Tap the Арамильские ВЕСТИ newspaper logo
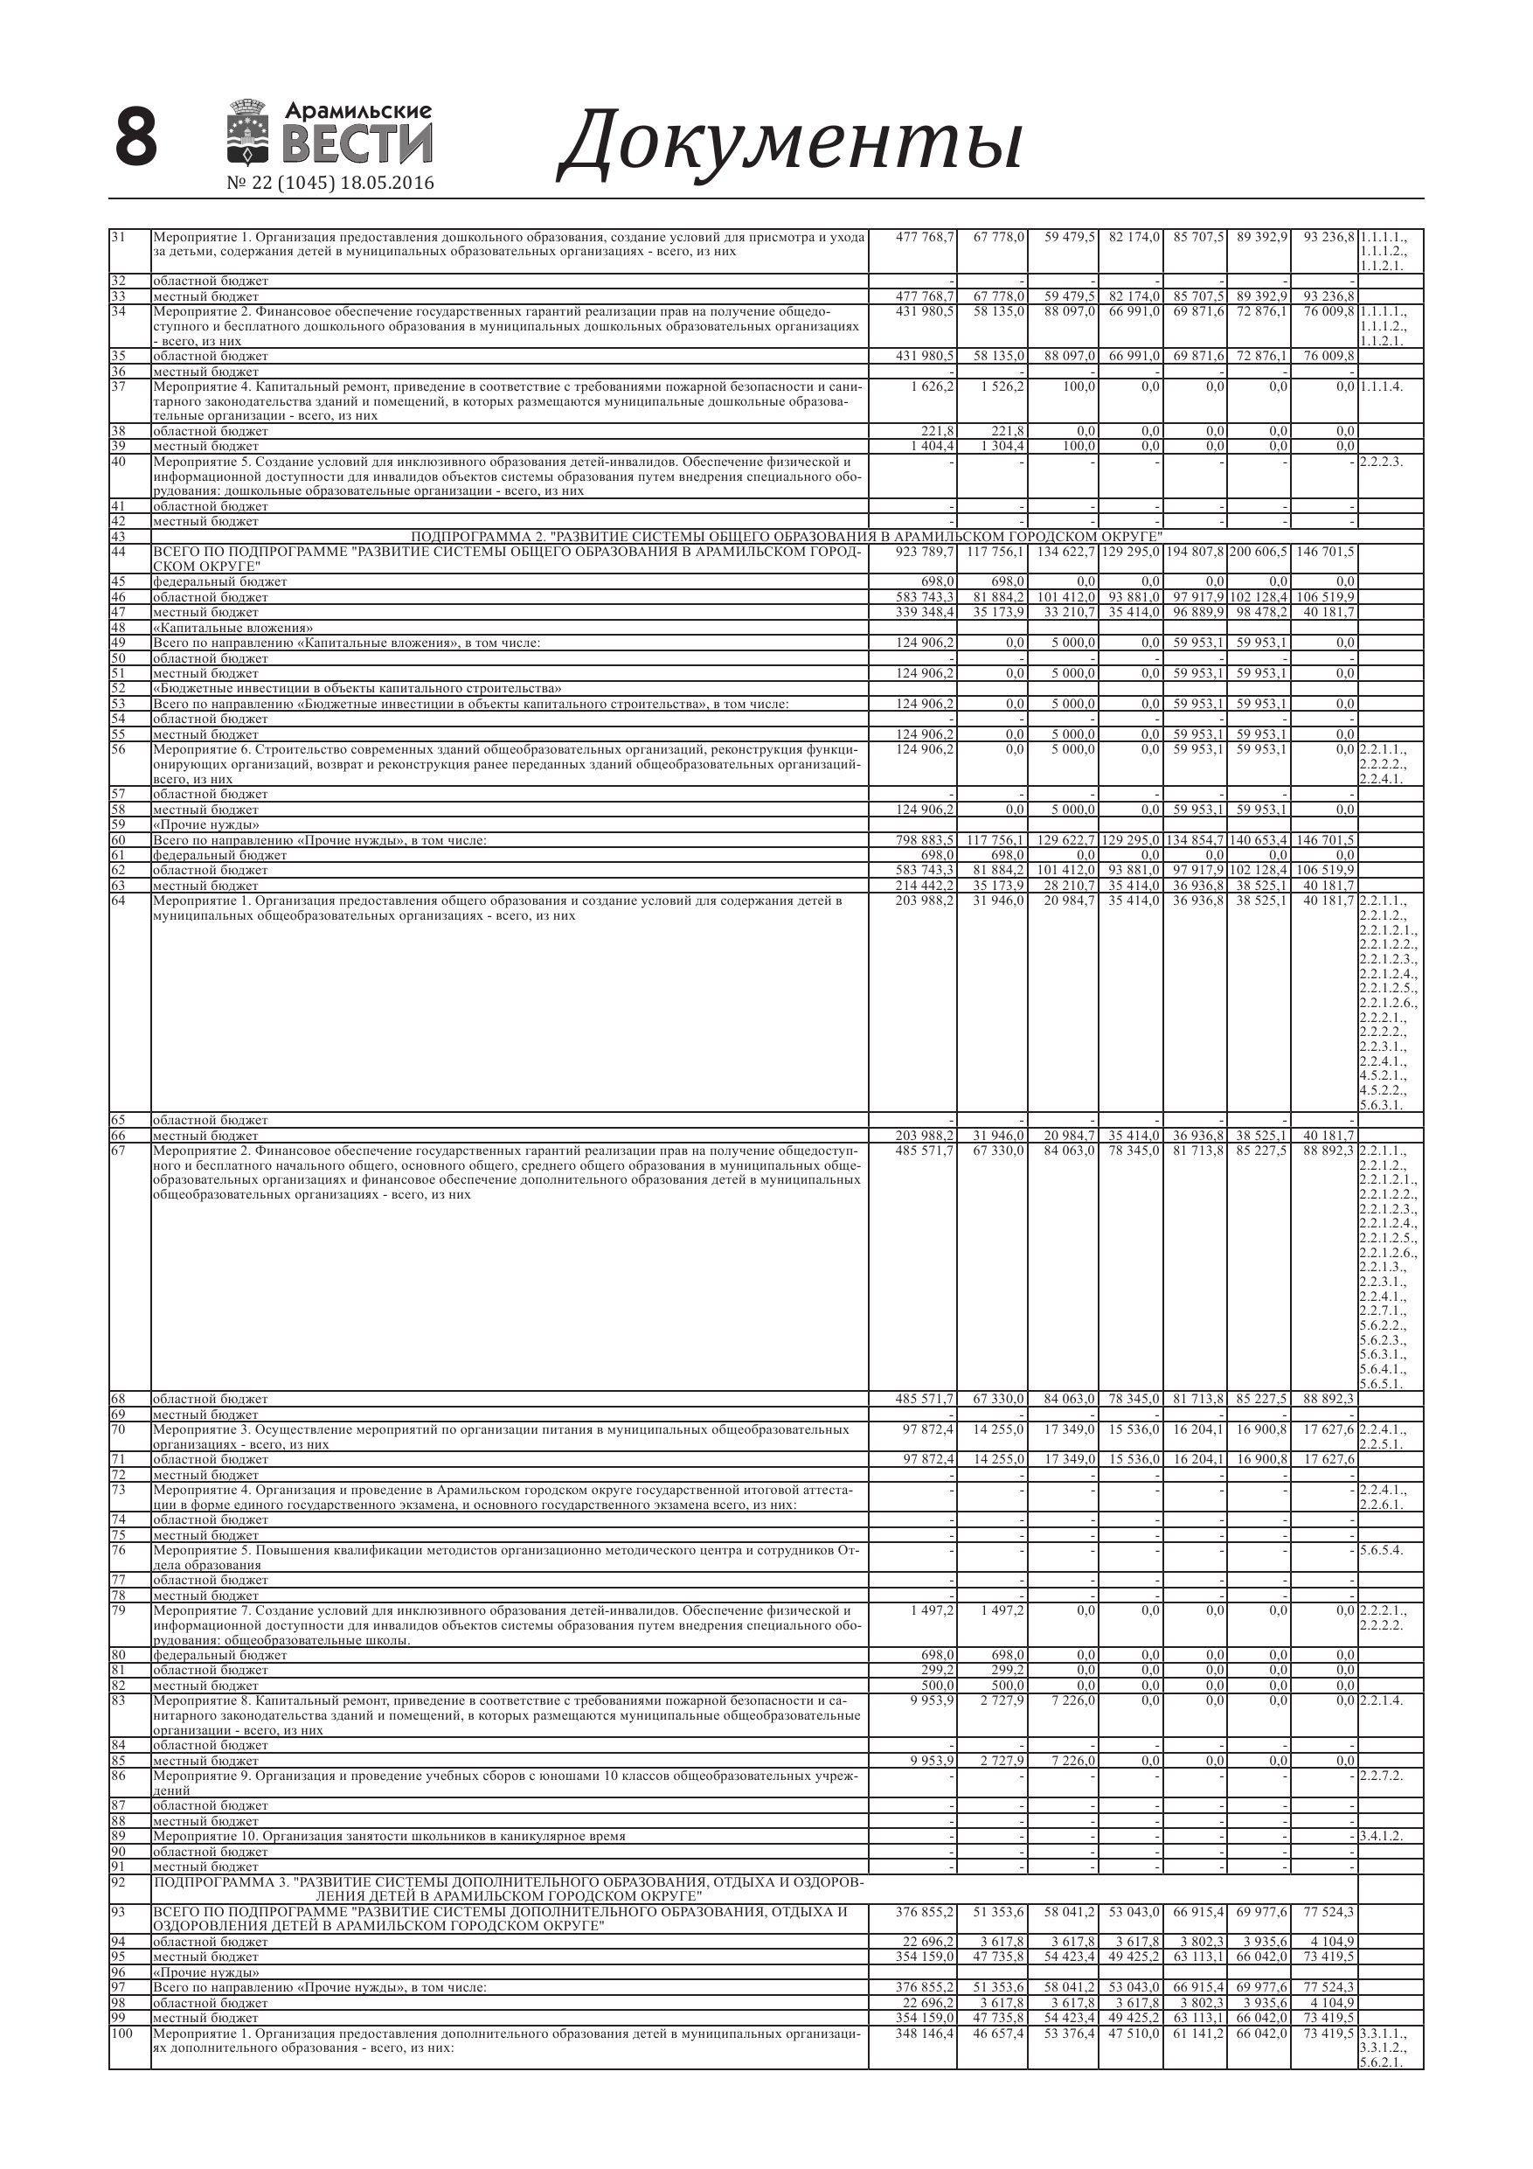tap(329, 133)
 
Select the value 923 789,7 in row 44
tap(925, 552)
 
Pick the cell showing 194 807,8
tap(1194, 552)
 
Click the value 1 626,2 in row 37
tap(932, 386)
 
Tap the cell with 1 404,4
tap(932, 446)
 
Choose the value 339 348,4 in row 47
tap(925, 612)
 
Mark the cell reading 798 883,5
tap(925, 840)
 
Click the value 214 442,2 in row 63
tap(925, 885)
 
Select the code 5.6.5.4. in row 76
tap(1381, 1550)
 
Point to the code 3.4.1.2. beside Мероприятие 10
tap(1381, 1837)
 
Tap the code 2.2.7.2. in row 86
tap(1381, 1776)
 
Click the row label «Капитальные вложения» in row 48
tap(233, 629)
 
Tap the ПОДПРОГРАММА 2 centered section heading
tap(786, 537)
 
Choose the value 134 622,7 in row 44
tap(1064, 552)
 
